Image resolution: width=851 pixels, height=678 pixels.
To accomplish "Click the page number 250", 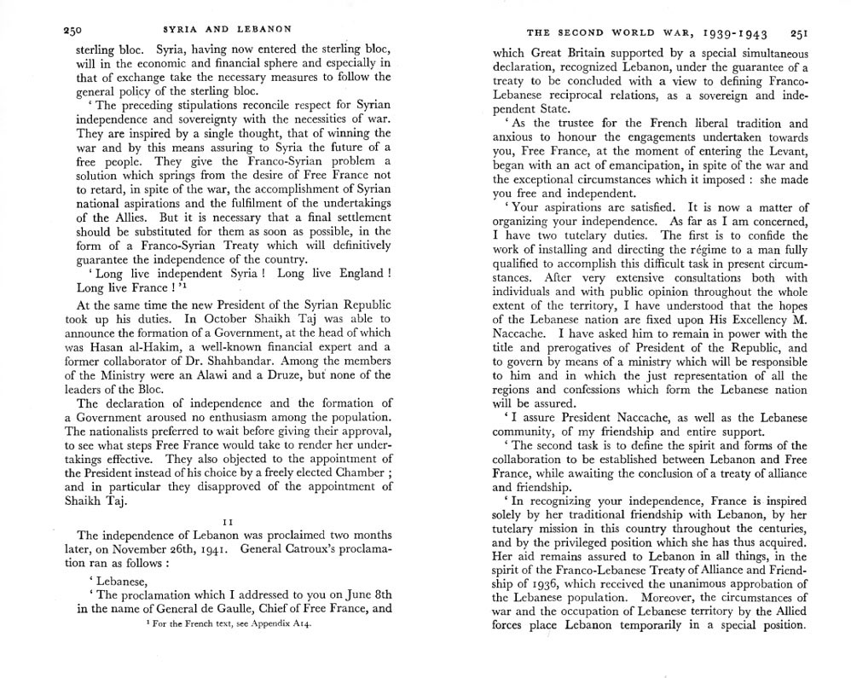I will (x=72, y=31).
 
